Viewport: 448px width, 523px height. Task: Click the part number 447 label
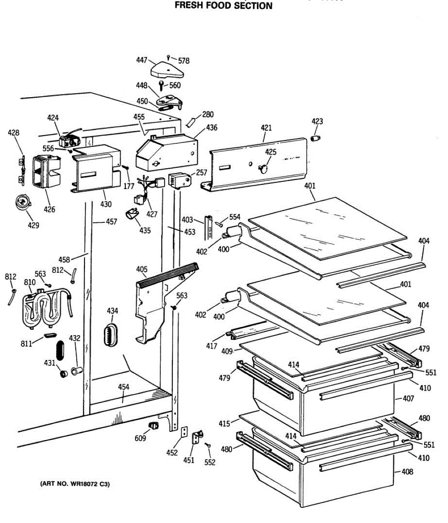141,61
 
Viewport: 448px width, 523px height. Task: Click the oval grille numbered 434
111,335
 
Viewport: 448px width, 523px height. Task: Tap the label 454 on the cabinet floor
124,387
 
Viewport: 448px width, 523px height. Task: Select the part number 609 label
140,438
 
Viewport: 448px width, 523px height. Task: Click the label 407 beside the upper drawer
408,398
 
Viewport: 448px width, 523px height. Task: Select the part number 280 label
208,115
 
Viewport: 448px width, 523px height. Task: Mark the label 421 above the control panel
266,128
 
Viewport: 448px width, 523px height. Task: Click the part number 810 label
30,282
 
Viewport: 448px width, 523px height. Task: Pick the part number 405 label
141,269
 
